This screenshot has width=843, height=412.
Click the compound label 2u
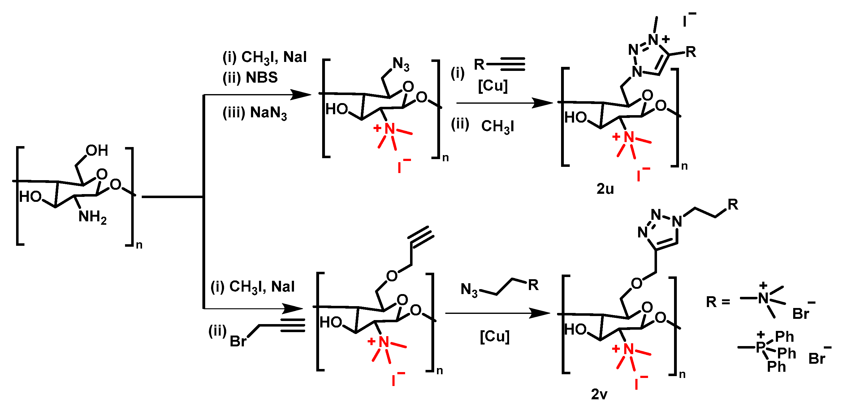coord(605,189)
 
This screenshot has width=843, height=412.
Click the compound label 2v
coord(599,394)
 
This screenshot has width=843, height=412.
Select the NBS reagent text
coord(262,78)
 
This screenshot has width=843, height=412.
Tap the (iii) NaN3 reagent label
coord(255,113)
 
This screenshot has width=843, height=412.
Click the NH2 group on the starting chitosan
coord(92,217)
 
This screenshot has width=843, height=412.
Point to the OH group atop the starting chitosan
coord(97,150)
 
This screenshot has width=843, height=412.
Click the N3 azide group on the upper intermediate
coord(401,64)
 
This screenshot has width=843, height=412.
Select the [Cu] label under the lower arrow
coord(495,336)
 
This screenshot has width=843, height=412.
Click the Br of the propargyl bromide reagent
coord(238,341)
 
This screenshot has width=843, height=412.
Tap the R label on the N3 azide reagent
coord(533,285)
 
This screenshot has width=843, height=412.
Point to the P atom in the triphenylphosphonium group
coord(761,347)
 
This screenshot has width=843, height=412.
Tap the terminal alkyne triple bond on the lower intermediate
coord(422,237)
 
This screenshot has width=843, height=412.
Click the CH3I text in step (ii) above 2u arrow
coord(497,126)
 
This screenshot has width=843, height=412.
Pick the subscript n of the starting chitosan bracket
coord(139,245)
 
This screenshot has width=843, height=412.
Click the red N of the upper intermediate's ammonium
coord(389,128)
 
